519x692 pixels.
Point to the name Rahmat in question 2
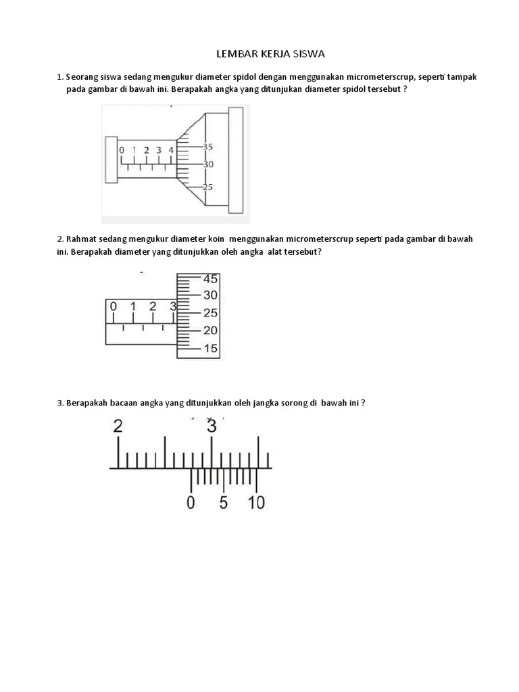(82, 239)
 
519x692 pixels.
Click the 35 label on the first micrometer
(207, 147)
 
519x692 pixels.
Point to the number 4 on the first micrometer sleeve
(171, 150)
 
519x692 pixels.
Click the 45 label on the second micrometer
(210, 279)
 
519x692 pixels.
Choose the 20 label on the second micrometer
(210, 330)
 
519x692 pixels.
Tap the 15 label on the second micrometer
(210, 348)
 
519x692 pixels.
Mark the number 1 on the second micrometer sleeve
(133, 307)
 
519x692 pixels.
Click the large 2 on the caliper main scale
(118, 426)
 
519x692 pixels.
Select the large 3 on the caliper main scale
(212, 426)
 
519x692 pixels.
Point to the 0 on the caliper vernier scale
(191, 503)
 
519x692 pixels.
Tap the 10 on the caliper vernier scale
(257, 503)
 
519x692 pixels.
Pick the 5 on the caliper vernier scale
(224, 503)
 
